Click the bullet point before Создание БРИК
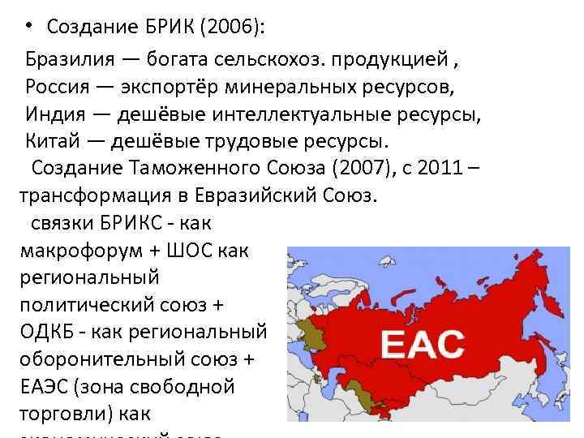28,27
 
